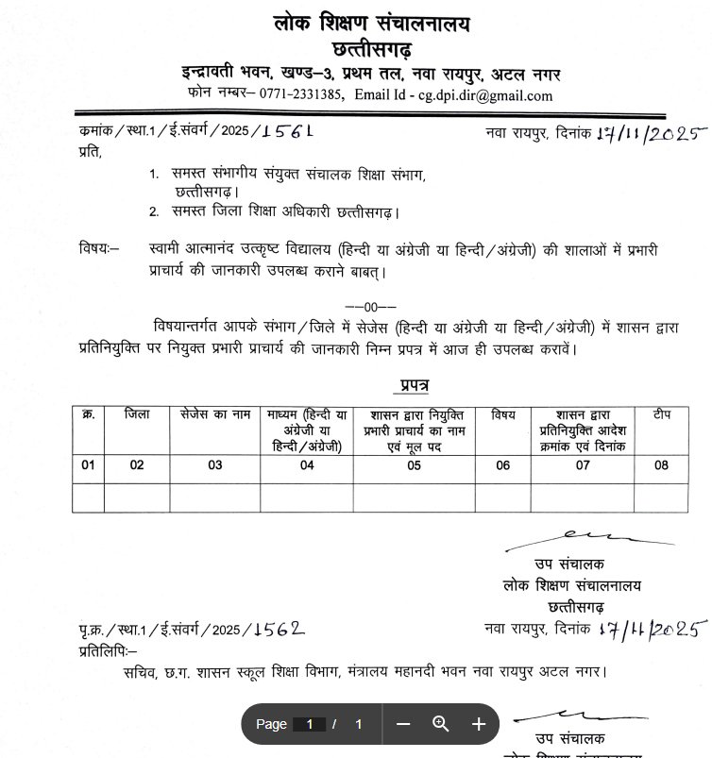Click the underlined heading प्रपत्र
pyautogui.click(x=411, y=386)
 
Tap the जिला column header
pyautogui.click(x=137, y=414)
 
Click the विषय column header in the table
pyautogui.click(x=503, y=414)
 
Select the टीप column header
pyautogui.click(x=661, y=414)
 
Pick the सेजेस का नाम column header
pyautogui.click(x=215, y=414)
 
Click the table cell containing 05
pyautogui.click(x=414, y=465)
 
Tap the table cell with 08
pyautogui.click(x=661, y=465)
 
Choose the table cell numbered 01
pyautogui.click(x=88, y=465)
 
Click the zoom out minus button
pyautogui.click(x=403, y=724)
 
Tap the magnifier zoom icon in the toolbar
pyautogui.click(x=440, y=724)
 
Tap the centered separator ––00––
pyautogui.click(x=370, y=306)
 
